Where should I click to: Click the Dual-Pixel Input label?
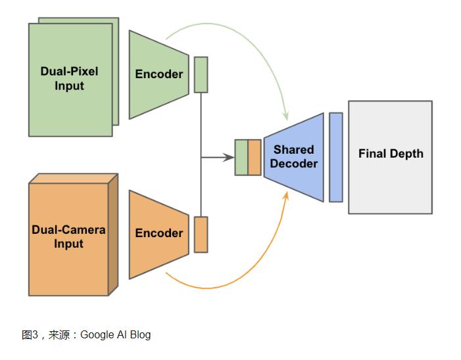pyautogui.click(x=69, y=79)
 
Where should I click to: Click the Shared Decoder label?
pyautogui.click(x=294, y=156)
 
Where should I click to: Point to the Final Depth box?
pyautogui.click(x=390, y=157)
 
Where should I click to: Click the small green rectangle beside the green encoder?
pyautogui.click(x=201, y=74)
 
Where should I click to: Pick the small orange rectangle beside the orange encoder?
pyautogui.click(x=201, y=234)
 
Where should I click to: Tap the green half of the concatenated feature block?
pyautogui.click(x=241, y=158)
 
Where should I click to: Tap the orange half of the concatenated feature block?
pyautogui.click(x=255, y=158)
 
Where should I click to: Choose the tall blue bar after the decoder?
pyautogui.click(x=335, y=157)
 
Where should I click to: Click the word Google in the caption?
pyautogui.click(x=97, y=335)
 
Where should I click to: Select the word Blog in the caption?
pyautogui.click(x=140, y=335)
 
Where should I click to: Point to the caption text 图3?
pyautogui.click(x=30, y=335)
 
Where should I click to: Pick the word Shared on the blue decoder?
pyautogui.click(x=294, y=150)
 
